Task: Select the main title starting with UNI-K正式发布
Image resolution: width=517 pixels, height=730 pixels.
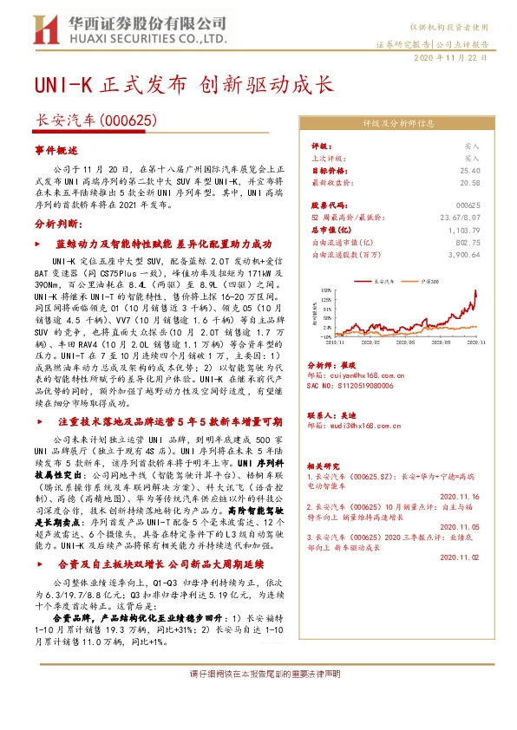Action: coord(183,86)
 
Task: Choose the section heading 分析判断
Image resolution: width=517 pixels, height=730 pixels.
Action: coord(57,224)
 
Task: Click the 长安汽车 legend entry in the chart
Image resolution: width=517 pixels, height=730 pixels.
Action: coord(383,282)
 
